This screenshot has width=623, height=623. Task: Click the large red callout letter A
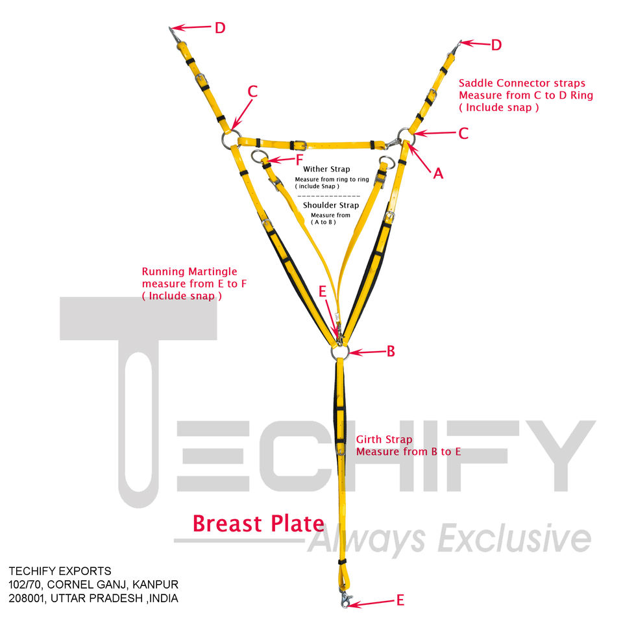[x=438, y=173]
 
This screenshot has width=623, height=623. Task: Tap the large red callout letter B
[x=391, y=351]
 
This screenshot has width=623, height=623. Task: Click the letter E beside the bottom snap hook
[x=400, y=600]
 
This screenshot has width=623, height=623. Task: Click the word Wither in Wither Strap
[x=317, y=169]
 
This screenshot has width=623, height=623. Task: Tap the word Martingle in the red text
[x=208, y=271]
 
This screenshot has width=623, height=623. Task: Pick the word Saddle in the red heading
[x=476, y=83]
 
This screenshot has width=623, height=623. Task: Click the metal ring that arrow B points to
[x=339, y=351]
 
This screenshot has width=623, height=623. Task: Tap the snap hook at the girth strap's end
[x=344, y=599]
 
